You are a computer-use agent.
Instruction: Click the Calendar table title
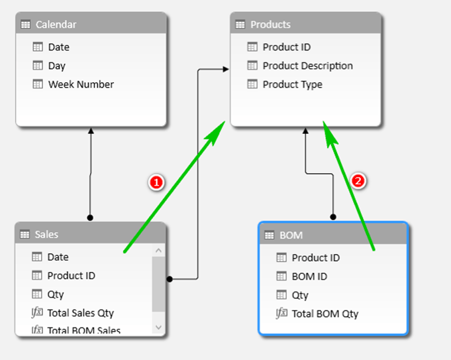(56, 25)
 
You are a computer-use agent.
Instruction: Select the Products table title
(270, 25)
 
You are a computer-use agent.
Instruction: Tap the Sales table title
(46, 234)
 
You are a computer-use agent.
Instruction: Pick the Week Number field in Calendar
(80, 84)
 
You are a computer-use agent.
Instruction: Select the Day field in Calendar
(57, 66)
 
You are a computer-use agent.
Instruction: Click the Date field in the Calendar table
(58, 47)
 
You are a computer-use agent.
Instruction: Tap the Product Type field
(292, 84)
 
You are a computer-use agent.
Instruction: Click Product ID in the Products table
(286, 47)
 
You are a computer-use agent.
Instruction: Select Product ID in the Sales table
(71, 276)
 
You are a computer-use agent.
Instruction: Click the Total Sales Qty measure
(80, 313)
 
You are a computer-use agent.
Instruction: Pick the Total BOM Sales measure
(83, 330)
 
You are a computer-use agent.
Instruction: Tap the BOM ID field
(309, 276)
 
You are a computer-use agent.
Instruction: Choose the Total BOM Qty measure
(325, 314)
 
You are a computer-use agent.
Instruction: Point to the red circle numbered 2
(358, 180)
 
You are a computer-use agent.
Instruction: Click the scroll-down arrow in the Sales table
(158, 327)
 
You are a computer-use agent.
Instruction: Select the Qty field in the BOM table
(301, 295)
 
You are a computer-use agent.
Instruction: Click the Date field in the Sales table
(58, 257)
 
